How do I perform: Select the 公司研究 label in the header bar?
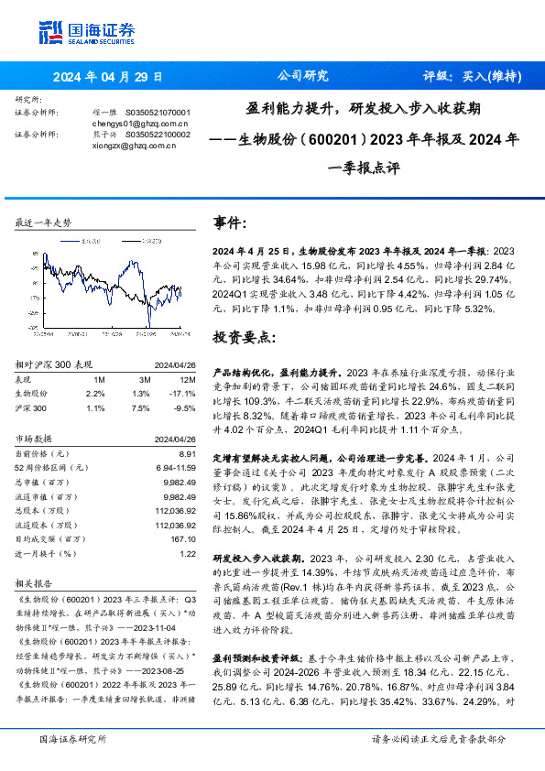click(301, 76)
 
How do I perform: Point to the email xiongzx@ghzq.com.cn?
click(140, 145)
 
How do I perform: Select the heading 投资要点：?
click(244, 337)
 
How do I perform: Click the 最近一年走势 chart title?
click(44, 223)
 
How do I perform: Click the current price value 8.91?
click(187, 453)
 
